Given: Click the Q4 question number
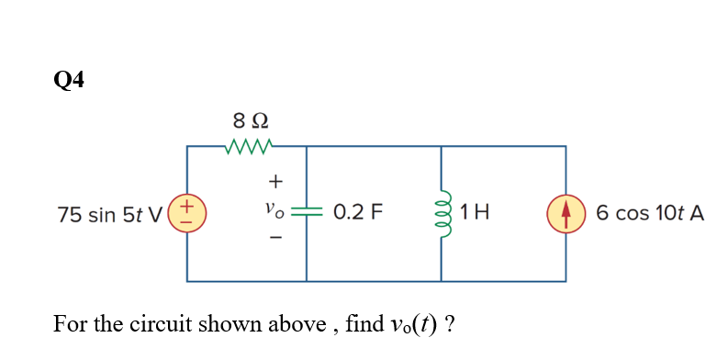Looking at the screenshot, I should point(69,82).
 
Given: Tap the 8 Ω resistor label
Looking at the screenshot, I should point(250,120).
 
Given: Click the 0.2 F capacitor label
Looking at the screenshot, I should point(358,214).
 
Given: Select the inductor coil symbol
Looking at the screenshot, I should point(441,213).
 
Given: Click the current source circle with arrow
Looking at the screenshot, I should point(565,213).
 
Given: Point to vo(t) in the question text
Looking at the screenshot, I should point(411,325).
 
